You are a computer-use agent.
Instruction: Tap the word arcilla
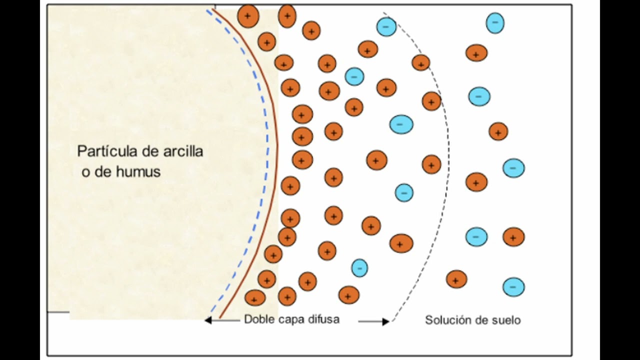point(183,151)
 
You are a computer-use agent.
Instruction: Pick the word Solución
point(447,320)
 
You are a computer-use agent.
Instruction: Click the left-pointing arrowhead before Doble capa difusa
point(208,320)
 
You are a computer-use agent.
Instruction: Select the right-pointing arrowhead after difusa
point(385,321)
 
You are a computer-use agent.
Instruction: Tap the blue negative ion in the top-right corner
point(495,23)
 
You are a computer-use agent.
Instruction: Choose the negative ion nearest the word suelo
point(513,287)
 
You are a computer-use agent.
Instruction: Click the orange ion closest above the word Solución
point(456,279)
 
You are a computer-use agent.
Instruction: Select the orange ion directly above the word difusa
point(348,295)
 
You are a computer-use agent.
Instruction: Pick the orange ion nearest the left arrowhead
point(255,297)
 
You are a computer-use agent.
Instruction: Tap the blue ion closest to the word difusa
point(359,268)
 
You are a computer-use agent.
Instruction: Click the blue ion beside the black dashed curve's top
point(386,26)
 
